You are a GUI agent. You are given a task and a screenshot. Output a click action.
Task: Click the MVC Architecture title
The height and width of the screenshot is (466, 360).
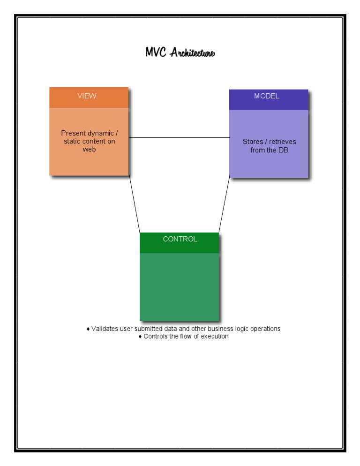180,53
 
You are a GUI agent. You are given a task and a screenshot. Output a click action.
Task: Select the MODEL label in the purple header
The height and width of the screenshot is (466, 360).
267,96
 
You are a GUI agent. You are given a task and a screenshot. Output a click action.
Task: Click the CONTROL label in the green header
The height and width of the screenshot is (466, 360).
180,239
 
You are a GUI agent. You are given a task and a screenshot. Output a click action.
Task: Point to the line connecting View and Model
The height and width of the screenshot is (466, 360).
179,138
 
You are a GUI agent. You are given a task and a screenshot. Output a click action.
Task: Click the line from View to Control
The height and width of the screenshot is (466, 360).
135,204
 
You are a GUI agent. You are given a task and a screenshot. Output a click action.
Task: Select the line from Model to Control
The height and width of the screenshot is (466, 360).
224,204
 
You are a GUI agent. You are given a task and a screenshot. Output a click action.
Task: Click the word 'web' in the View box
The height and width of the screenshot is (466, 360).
89,149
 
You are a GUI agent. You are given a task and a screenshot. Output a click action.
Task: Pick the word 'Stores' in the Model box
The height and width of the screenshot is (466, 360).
252,142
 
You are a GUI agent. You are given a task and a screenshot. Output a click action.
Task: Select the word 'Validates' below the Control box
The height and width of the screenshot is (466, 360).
105,329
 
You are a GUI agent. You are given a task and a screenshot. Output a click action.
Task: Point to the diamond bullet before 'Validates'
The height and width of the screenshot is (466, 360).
88,329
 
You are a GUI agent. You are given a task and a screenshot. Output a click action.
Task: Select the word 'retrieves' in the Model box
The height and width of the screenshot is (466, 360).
283,142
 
